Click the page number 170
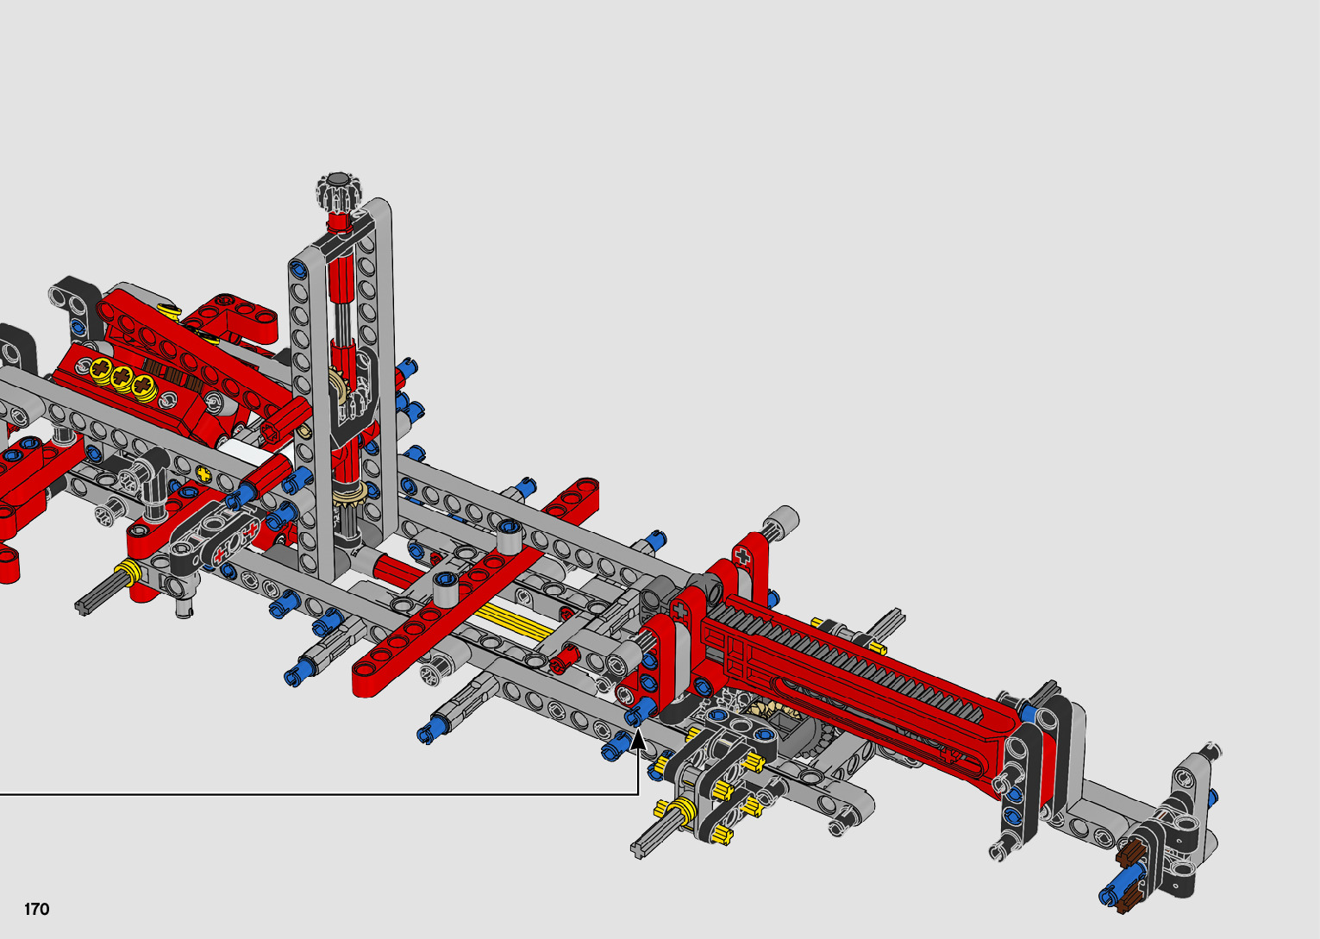(36, 909)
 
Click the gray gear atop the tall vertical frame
(338, 191)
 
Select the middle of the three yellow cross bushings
(122, 378)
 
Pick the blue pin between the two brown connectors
(1123, 878)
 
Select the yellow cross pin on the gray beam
(203, 473)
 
